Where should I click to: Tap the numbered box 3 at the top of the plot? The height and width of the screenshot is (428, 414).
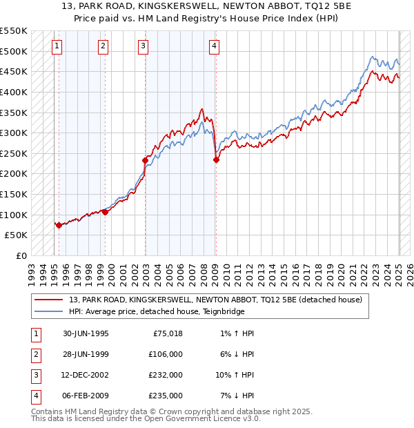(x=143, y=46)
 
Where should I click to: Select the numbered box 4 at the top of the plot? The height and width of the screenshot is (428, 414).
(x=215, y=46)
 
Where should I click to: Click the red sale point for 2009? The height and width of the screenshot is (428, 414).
(x=216, y=159)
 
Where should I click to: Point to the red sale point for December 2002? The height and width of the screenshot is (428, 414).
(x=146, y=160)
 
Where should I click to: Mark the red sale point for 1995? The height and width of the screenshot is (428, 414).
(x=59, y=224)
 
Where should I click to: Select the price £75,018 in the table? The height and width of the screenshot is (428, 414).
(x=167, y=333)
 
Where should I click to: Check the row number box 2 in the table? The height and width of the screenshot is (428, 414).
(x=34, y=354)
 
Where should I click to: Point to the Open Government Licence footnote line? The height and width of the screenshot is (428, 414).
(x=146, y=418)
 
